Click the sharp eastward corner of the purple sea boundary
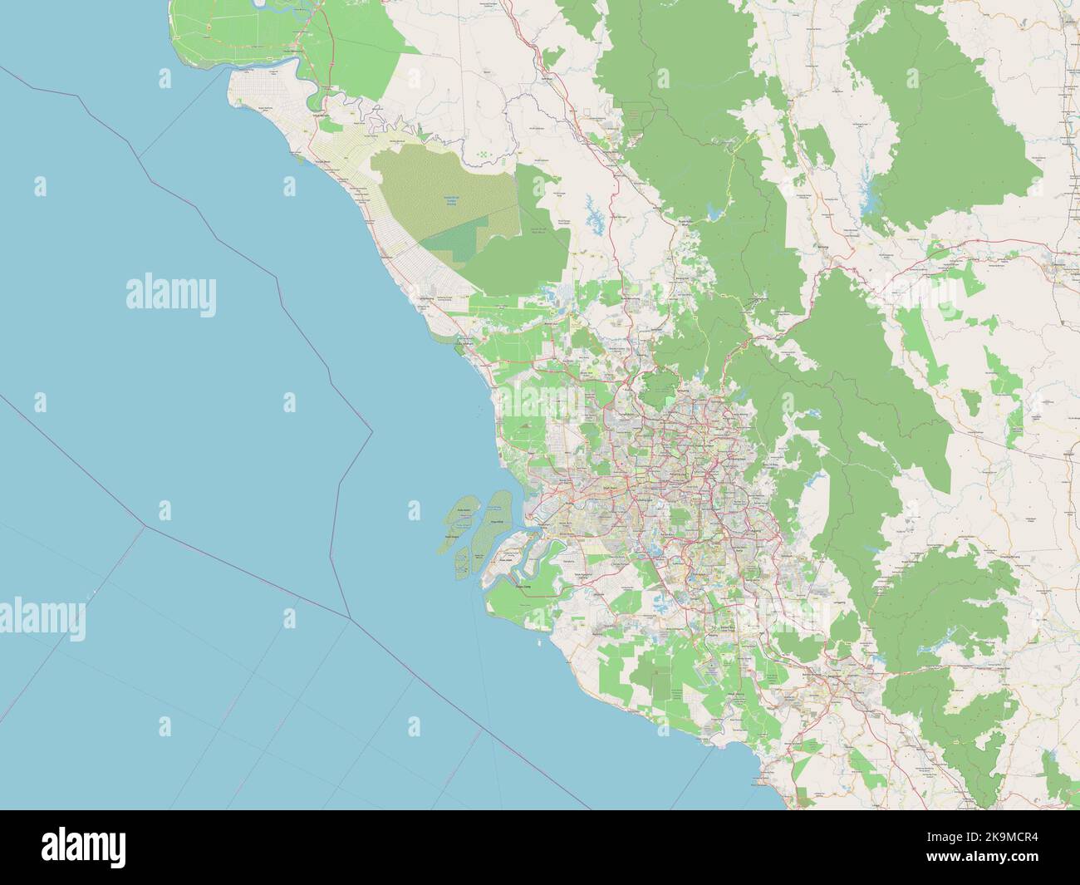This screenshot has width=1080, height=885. point(371,431)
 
